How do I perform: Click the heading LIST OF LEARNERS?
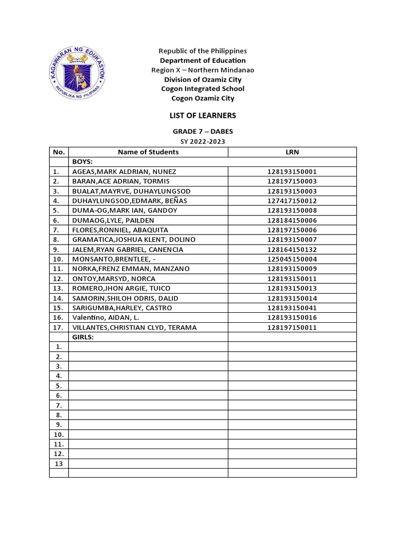tap(202, 115)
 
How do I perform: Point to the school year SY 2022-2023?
tap(202, 142)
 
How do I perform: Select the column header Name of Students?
tap(148, 152)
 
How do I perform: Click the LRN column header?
tap(292, 152)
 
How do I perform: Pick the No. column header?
tap(58, 152)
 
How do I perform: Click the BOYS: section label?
tap(82, 162)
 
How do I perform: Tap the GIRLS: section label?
tap(83, 337)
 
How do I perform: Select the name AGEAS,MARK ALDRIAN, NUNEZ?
tap(124, 172)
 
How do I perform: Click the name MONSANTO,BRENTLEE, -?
tap(119, 259)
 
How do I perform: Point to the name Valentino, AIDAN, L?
tap(108, 318)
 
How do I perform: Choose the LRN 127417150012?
tap(292, 201)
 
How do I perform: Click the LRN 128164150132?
tap(292, 249)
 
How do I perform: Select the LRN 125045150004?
tap(292, 259)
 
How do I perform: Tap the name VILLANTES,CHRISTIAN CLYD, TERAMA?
tap(134, 328)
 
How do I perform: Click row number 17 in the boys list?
tap(58, 328)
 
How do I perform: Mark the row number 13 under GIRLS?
tap(58, 463)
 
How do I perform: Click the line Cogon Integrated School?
tap(202, 89)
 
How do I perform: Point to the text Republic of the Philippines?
tap(202, 51)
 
